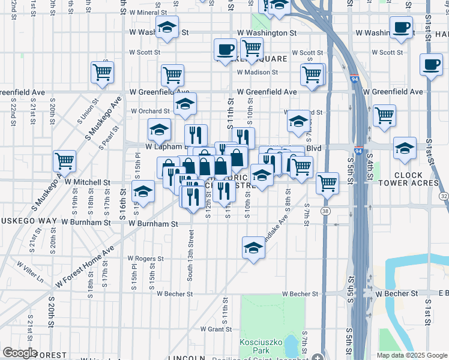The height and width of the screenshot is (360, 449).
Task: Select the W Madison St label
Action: [258, 72]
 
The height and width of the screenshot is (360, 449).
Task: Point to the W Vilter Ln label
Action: [30, 272]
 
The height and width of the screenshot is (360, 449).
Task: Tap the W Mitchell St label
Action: [88, 182]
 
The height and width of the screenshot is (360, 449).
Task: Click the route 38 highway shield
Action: [325, 211]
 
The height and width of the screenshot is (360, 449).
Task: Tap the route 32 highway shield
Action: [444, 196]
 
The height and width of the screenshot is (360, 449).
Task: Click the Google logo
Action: [20, 353]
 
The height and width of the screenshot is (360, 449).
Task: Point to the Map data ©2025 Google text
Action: [411, 355]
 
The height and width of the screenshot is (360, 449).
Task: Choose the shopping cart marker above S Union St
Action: [103, 73]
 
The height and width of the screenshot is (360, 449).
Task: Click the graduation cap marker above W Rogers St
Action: [254, 248]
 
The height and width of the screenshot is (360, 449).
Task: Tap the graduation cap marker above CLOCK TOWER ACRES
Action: [405, 149]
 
